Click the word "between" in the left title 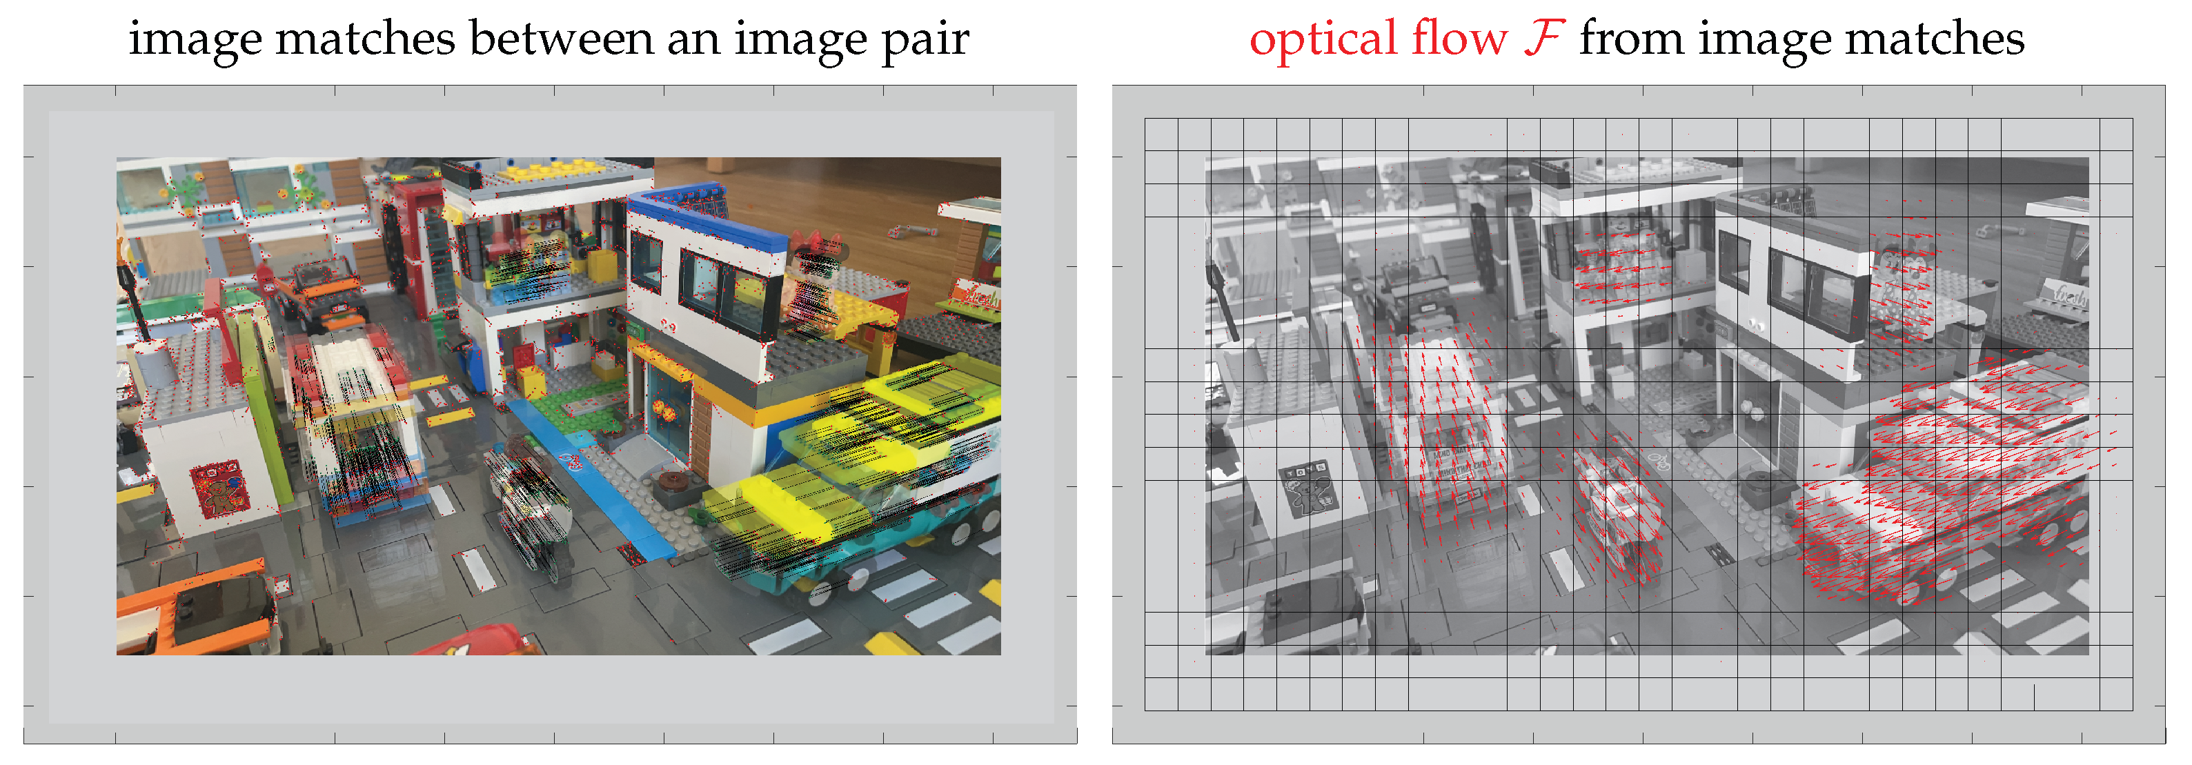[x=562, y=39]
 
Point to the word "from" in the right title [x=1631, y=39]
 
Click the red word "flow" [x=1459, y=39]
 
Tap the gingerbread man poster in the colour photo [x=219, y=489]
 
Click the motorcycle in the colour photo [x=536, y=502]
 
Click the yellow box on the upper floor [x=602, y=266]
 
